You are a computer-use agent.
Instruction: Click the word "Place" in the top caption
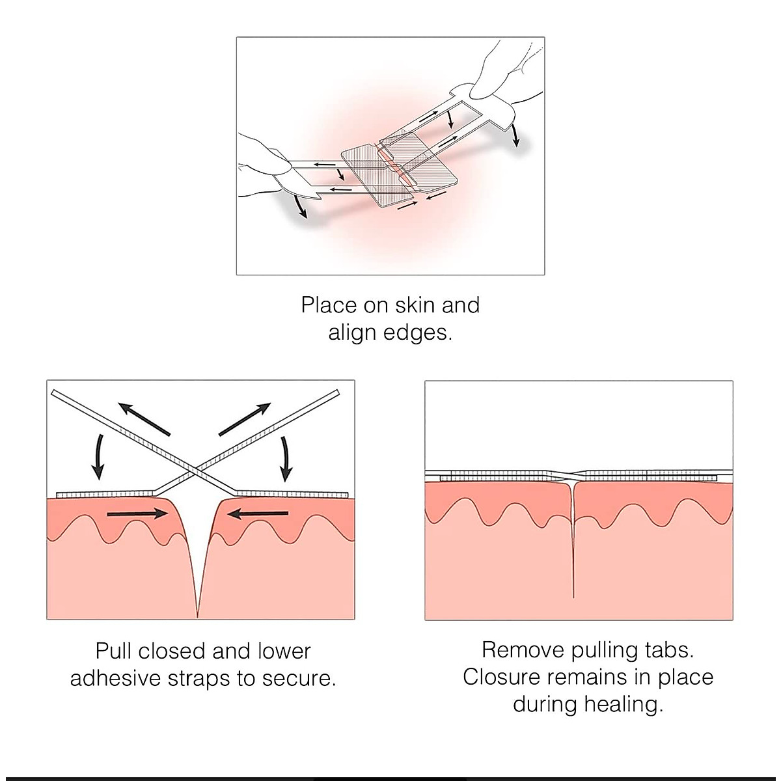click(329, 305)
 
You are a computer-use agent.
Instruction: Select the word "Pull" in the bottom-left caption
click(115, 651)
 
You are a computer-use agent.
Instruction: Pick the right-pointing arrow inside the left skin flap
click(137, 514)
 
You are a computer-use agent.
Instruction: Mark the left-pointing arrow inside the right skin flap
click(260, 514)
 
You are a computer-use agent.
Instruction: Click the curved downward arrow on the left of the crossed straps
click(98, 456)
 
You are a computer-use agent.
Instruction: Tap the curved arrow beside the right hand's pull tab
click(516, 134)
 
